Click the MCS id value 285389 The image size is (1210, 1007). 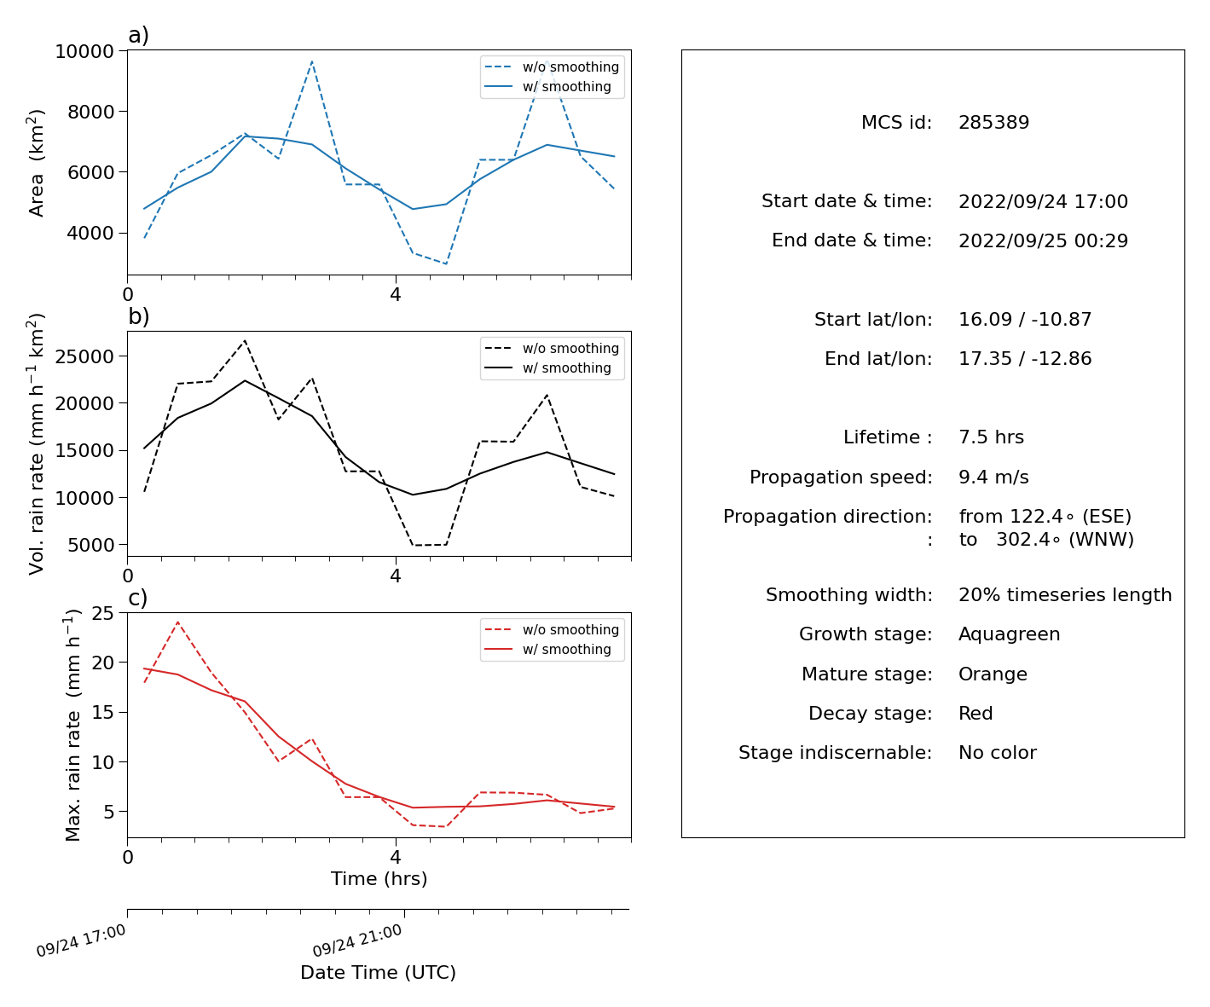point(993,122)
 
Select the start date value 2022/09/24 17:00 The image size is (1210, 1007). point(1043,201)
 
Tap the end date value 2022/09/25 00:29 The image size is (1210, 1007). point(1043,240)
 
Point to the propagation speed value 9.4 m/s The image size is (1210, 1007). point(993,477)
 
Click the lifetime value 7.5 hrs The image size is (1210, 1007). point(991,437)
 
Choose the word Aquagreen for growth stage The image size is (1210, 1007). point(1009,634)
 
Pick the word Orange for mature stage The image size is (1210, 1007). point(993,674)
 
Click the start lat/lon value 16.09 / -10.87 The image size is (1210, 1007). point(1025,319)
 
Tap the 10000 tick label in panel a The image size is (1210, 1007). point(84,51)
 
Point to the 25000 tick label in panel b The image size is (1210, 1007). point(84,356)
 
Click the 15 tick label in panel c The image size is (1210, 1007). point(102,712)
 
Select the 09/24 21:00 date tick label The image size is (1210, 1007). point(357,940)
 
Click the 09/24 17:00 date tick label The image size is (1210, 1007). point(80,940)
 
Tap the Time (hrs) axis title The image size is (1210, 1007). point(379,879)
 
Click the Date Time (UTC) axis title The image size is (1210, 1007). point(378,972)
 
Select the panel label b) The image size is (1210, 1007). point(138,316)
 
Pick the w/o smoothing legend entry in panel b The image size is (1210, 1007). point(552,348)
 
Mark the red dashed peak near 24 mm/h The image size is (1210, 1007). point(177,622)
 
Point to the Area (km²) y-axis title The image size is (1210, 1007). point(35,163)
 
